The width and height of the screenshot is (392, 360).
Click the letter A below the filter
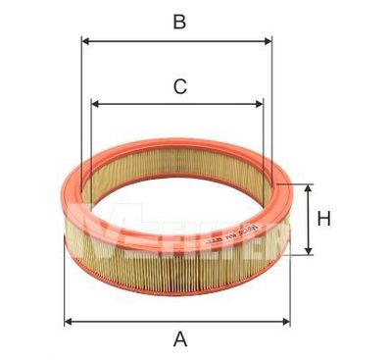(x=179, y=339)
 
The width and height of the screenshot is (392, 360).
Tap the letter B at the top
(x=179, y=22)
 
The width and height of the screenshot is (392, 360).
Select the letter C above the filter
(x=179, y=87)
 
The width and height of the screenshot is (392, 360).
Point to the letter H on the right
(x=323, y=219)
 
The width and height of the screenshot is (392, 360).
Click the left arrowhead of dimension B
(x=85, y=41)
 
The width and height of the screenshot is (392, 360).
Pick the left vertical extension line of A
(x=65, y=284)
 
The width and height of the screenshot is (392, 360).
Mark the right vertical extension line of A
(x=291, y=284)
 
